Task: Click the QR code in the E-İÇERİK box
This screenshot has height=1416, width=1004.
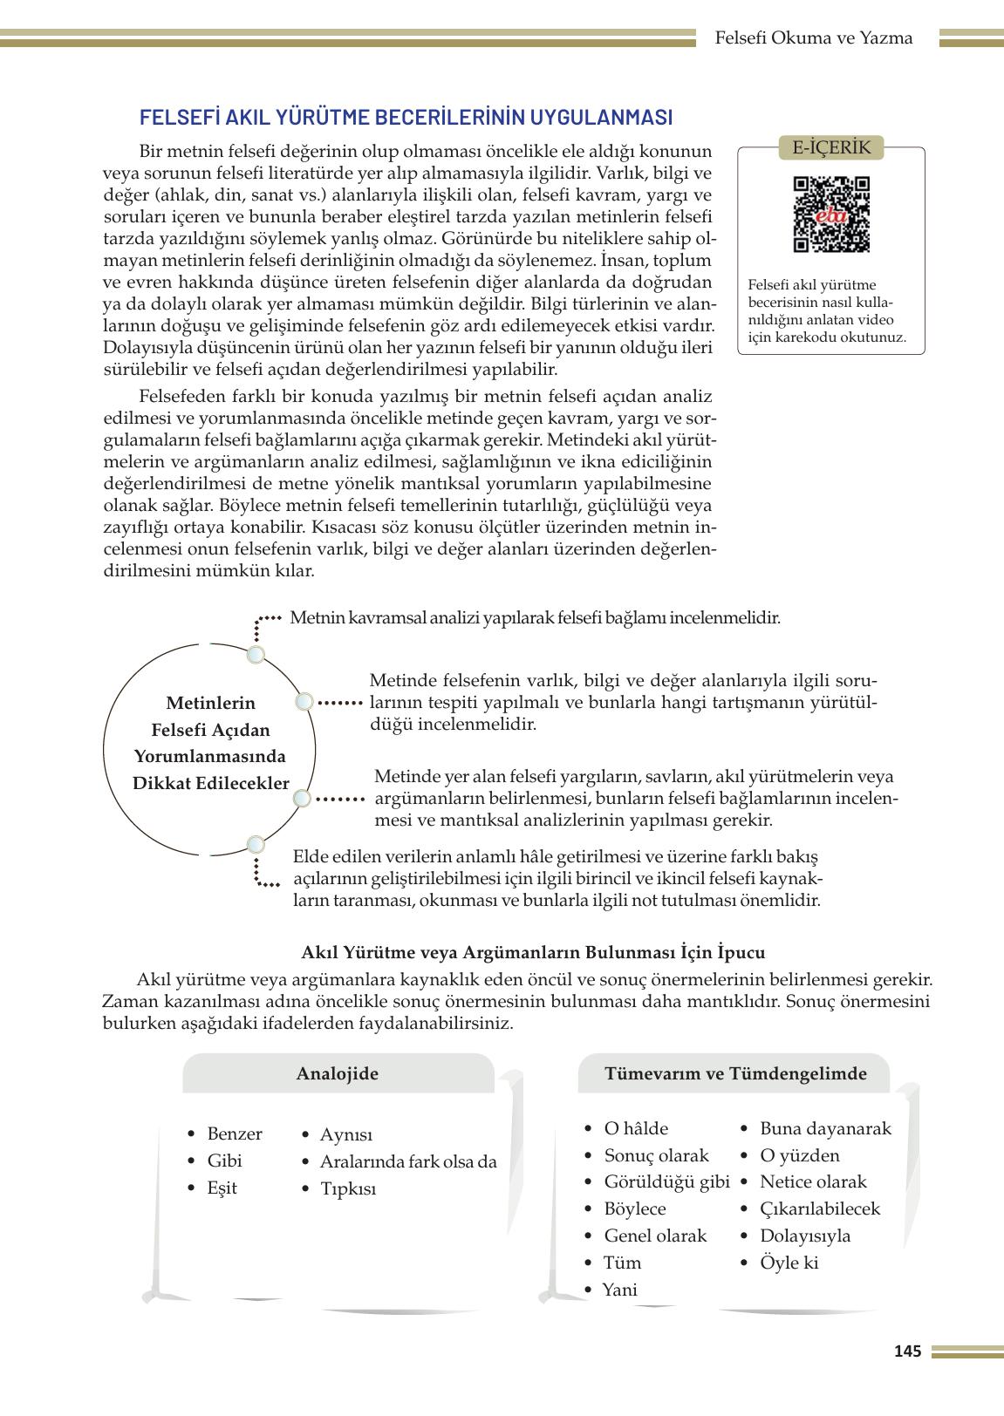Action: click(830, 214)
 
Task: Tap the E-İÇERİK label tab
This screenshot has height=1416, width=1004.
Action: click(830, 147)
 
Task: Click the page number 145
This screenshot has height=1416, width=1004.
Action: click(907, 1351)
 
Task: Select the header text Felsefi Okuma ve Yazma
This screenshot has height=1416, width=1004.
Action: click(813, 37)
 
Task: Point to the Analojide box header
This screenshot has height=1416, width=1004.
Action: click(338, 1073)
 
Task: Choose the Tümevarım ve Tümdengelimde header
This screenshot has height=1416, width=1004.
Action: click(735, 1073)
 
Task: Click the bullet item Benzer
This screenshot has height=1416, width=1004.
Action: click(234, 1133)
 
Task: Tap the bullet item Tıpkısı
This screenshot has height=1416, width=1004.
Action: click(347, 1188)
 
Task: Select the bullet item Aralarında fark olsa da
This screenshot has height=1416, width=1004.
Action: click(407, 1161)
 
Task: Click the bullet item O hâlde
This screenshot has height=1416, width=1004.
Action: click(636, 1128)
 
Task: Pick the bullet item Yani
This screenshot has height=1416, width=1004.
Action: click(619, 1290)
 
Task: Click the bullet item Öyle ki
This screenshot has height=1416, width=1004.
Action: click(789, 1263)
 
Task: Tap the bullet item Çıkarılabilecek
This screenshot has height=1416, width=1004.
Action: click(820, 1208)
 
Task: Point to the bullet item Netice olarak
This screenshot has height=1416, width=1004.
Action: click(813, 1181)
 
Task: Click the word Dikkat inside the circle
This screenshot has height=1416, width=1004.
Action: click(163, 783)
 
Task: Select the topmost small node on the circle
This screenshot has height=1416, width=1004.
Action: click(256, 655)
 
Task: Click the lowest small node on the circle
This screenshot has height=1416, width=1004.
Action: click(256, 844)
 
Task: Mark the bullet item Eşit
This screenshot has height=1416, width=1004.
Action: click(222, 1188)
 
